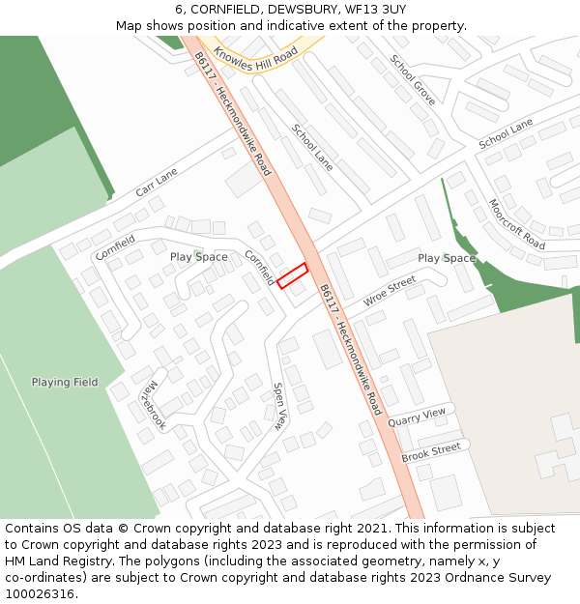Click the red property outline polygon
pos(292,275)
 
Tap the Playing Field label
pos(65,382)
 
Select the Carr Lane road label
pos(157,182)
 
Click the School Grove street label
pos(413,79)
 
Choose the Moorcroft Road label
pos(517,224)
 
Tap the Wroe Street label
pos(390,291)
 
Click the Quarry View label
pos(417,417)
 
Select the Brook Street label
pos(431,451)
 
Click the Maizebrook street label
pos(153,403)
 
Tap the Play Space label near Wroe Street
pos(447,258)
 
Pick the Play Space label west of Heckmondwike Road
pos(199,257)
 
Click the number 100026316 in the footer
pos(39,593)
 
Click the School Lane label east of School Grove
pos(506,134)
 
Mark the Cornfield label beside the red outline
pos(259,270)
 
